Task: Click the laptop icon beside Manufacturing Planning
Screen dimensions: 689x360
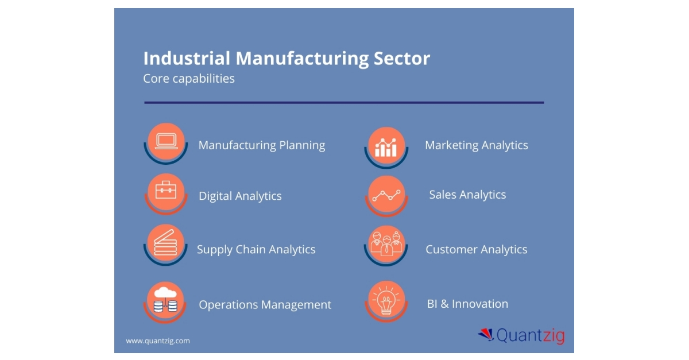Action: tap(166, 142)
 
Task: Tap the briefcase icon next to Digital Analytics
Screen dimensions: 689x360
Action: tap(166, 190)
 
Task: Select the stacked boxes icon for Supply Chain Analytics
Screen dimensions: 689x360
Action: tap(165, 243)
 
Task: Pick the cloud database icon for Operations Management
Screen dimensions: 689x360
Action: tap(165, 300)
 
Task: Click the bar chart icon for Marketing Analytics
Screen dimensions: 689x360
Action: tap(386, 148)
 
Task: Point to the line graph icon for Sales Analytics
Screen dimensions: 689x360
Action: tap(386, 196)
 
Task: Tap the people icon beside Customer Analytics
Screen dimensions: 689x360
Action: tap(386, 243)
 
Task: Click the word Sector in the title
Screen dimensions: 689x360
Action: tap(402, 58)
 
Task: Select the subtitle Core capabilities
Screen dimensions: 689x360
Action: tap(189, 79)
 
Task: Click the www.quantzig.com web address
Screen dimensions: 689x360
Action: tap(158, 340)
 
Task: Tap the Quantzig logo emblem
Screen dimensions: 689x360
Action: tap(486, 335)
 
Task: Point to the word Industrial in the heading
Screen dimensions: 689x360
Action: tap(187, 58)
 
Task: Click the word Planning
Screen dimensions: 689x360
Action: tap(302, 145)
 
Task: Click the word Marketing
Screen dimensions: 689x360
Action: tap(451, 145)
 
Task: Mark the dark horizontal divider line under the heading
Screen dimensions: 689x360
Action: tap(344, 102)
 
